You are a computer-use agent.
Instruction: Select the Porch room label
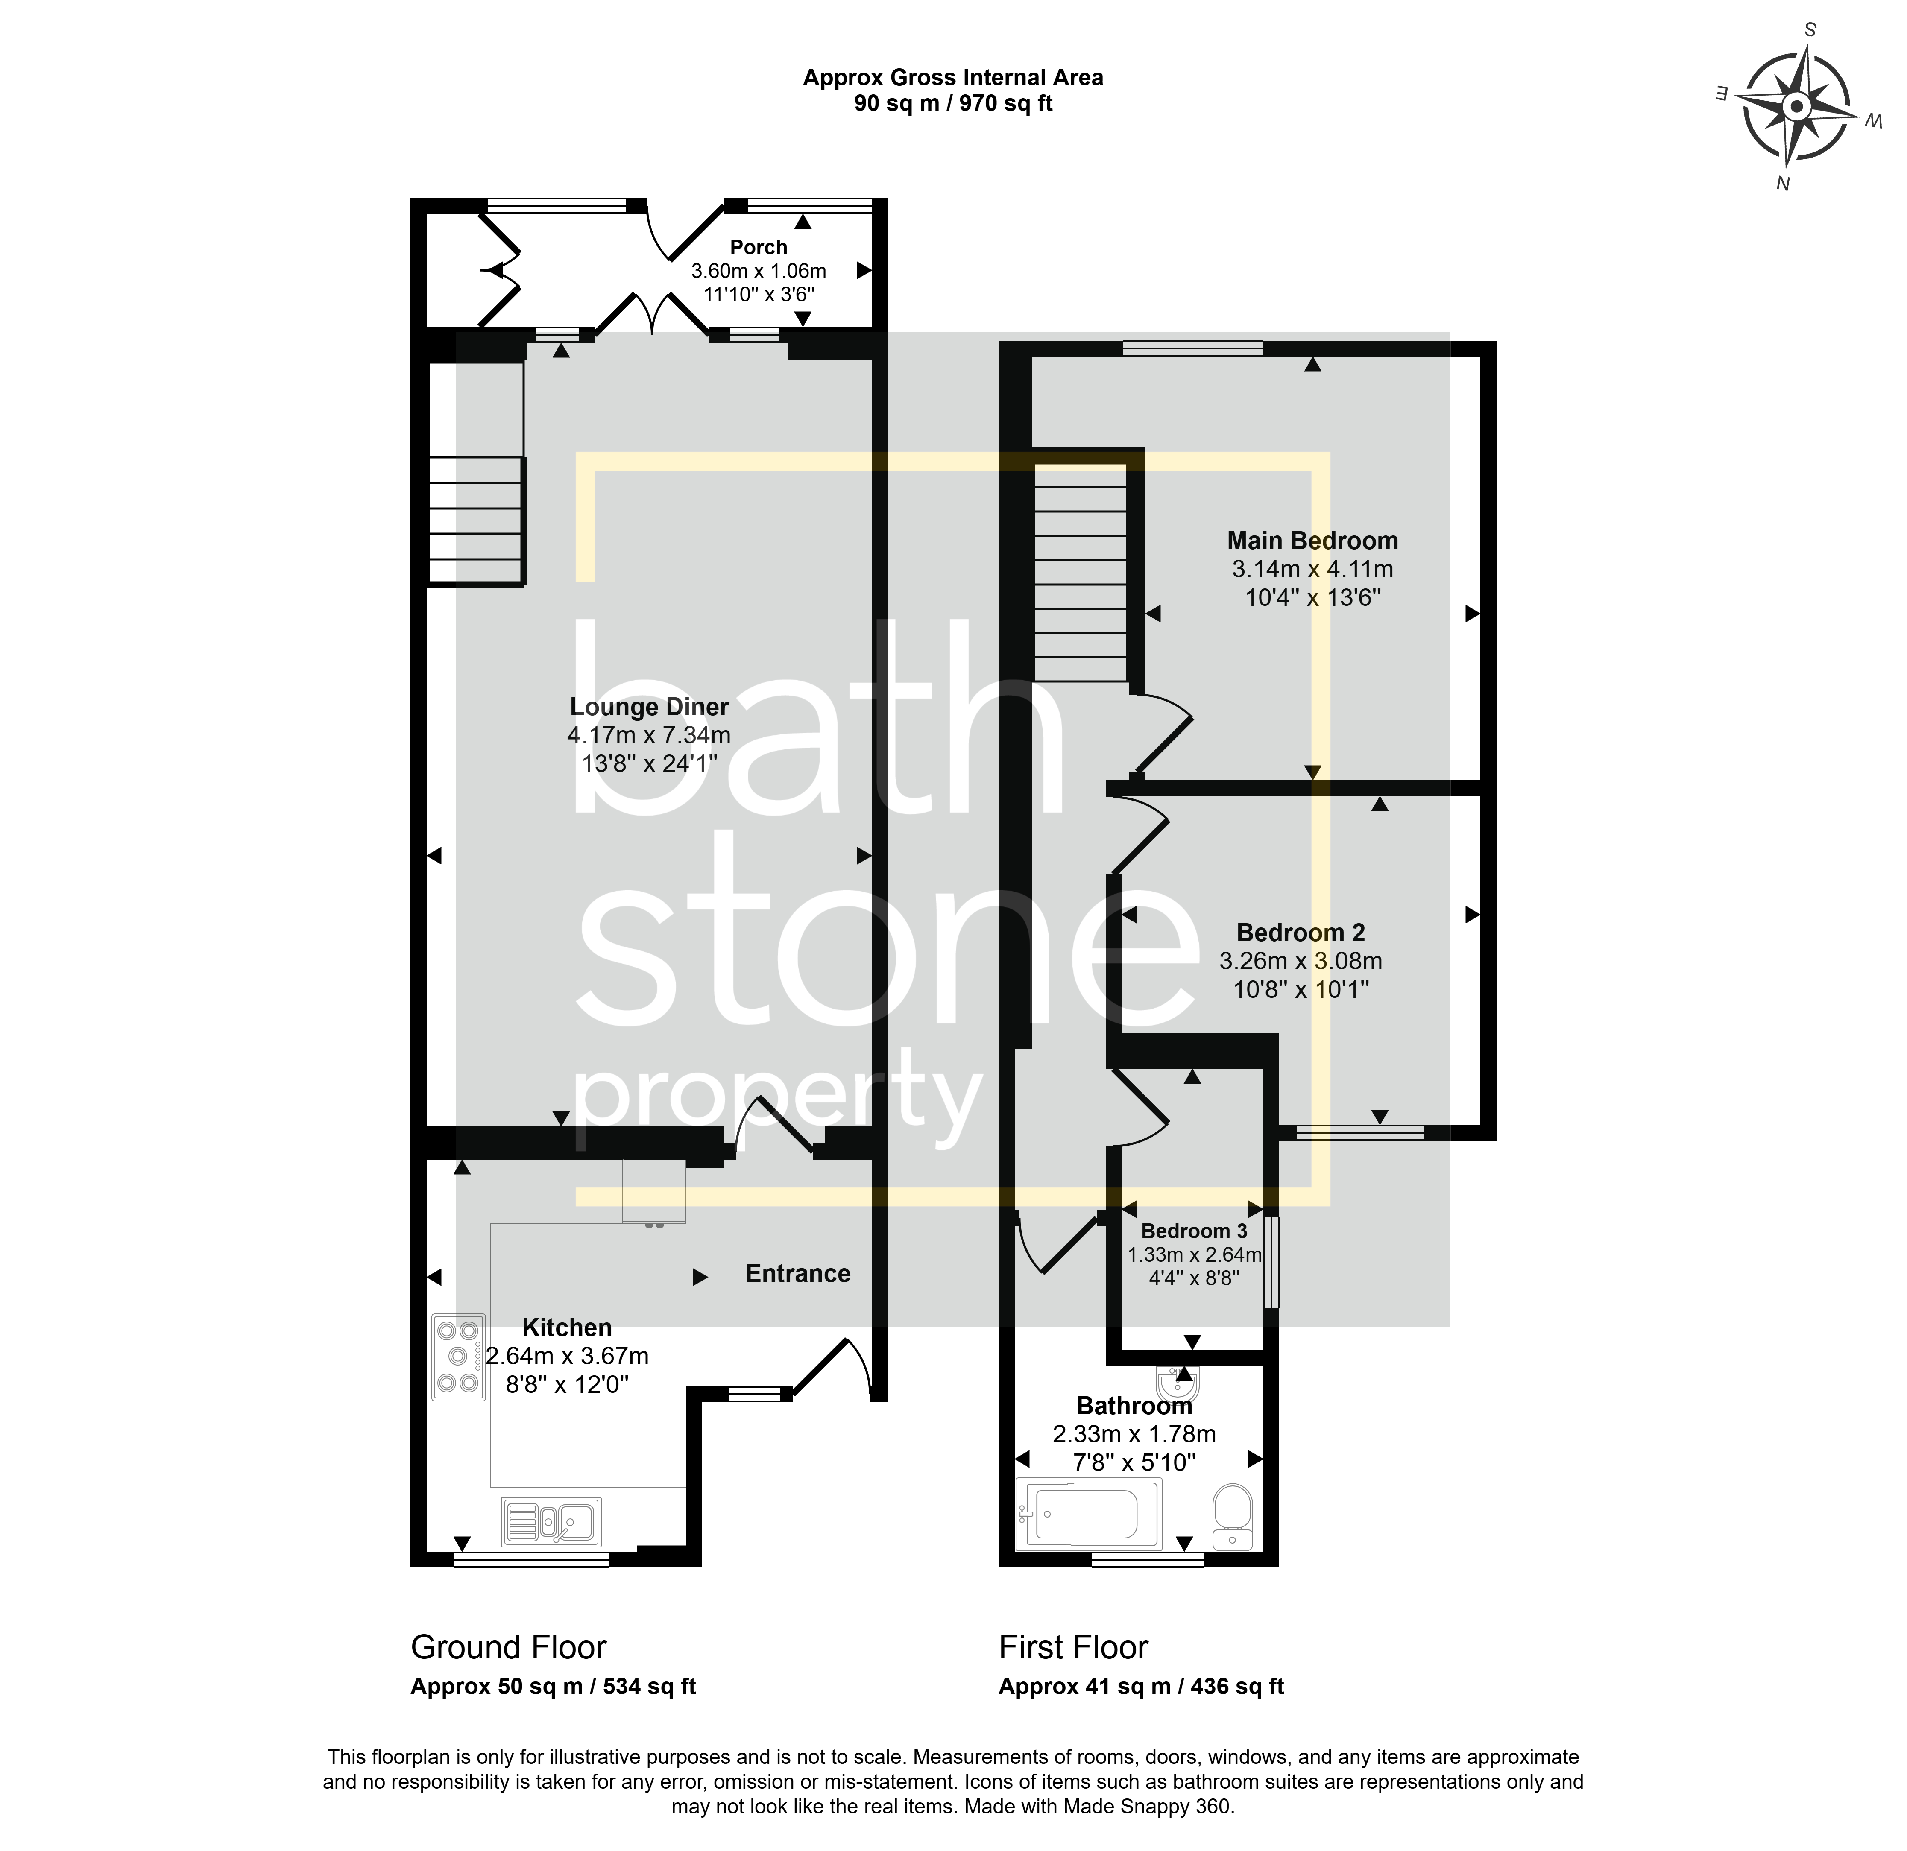759,247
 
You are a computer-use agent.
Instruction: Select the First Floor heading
1073,1647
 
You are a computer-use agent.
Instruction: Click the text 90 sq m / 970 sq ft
953,103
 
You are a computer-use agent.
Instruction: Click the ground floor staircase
477,521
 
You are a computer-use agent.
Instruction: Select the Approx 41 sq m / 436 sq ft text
1141,1687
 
